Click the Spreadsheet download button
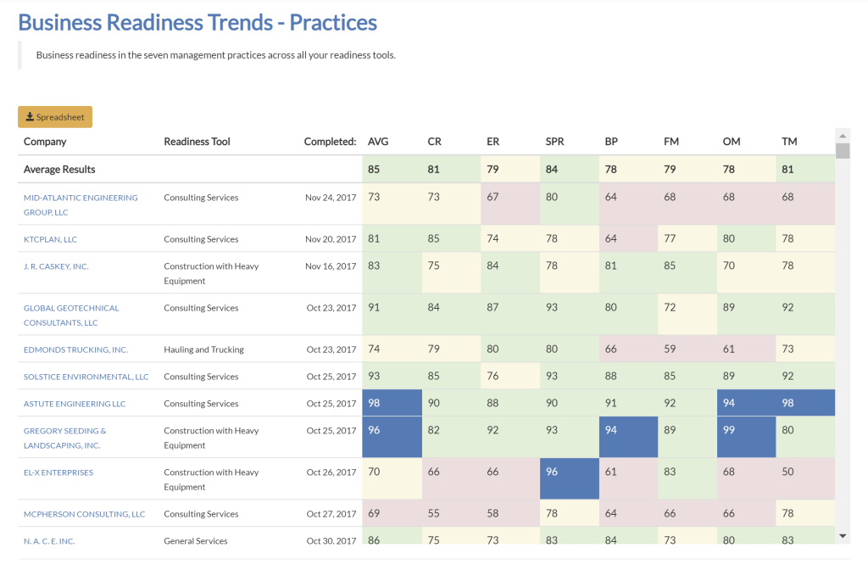click(55, 117)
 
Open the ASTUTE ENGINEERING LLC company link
click(75, 404)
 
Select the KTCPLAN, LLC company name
click(50, 239)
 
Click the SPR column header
click(554, 142)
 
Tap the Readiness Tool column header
click(197, 142)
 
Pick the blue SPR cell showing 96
click(552, 472)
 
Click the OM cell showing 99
click(729, 430)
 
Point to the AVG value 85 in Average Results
click(374, 169)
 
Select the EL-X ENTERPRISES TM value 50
click(788, 472)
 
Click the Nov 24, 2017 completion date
click(331, 198)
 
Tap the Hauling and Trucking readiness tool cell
click(203, 349)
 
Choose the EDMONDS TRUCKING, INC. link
click(75, 349)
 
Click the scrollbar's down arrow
click(842, 536)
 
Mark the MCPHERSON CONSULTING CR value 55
click(433, 513)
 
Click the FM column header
click(671, 142)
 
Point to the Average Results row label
click(59, 169)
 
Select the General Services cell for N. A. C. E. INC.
click(196, 540)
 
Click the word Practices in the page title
click(333, 22)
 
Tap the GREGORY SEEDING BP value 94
click(611, 430)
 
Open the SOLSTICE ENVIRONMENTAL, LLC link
click(86, 377)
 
